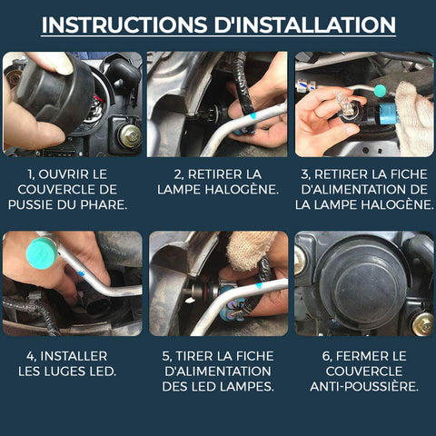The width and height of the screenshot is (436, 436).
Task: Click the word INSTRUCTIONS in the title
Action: click(124, 25)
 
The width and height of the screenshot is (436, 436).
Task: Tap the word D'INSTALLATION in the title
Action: click(305, 25)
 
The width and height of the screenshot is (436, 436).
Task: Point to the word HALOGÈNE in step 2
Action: click(242, 190)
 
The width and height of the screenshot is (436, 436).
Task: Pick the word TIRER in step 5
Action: click(193, 356)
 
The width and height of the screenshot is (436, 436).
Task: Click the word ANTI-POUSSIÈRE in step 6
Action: click(364, 386)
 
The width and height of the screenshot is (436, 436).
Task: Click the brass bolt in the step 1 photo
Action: click(130, 135)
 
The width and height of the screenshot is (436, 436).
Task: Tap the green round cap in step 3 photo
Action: click(380, 90)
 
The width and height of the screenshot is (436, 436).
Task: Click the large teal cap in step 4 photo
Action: click(42, 253)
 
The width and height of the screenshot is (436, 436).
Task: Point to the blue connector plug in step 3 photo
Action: click(389, 114)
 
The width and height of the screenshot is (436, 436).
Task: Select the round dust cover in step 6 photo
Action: click(362, 286)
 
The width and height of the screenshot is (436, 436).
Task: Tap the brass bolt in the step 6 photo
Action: click(422, 324)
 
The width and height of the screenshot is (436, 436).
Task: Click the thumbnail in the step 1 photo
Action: click(62, 64)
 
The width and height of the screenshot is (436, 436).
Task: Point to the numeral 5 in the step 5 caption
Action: click(166, 356)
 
